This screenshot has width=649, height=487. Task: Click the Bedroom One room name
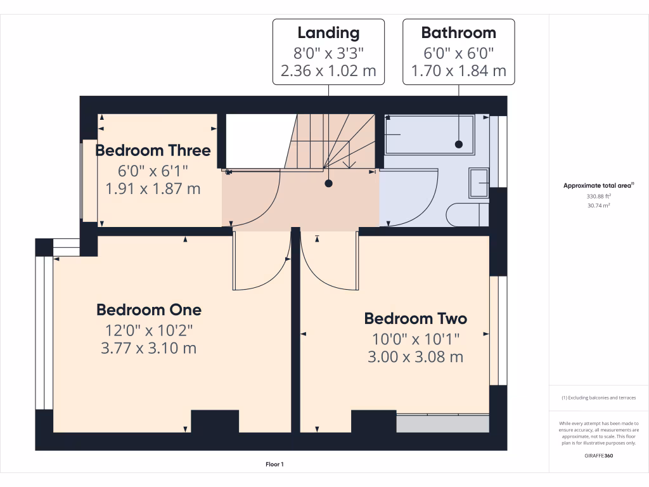[149, 309]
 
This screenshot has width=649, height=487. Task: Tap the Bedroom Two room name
[415, 318]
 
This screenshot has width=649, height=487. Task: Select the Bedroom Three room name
[153, 150]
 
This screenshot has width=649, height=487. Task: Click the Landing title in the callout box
[328, 32]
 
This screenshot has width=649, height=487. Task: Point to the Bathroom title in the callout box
[458, 32]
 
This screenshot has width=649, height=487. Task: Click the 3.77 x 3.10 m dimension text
[149, 348]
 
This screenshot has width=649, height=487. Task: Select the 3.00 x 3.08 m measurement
[415, 357]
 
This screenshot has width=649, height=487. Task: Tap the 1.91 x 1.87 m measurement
[153, 188]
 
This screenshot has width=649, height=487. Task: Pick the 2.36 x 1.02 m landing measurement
[328, 70]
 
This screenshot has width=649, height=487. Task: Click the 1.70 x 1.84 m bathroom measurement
[458, 70]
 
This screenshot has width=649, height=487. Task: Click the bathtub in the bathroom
[429, 134]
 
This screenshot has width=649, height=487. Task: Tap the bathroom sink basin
[479, 184]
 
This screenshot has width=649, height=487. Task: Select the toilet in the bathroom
[467, 215]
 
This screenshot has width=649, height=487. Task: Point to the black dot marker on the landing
[328, 184]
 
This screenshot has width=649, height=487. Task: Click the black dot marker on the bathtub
[458, 145]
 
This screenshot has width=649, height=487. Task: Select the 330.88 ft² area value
[598, 196]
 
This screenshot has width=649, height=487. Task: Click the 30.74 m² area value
[598, 205]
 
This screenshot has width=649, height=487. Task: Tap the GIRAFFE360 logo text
[598, 455]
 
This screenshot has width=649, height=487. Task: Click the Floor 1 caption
[274, 465]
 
